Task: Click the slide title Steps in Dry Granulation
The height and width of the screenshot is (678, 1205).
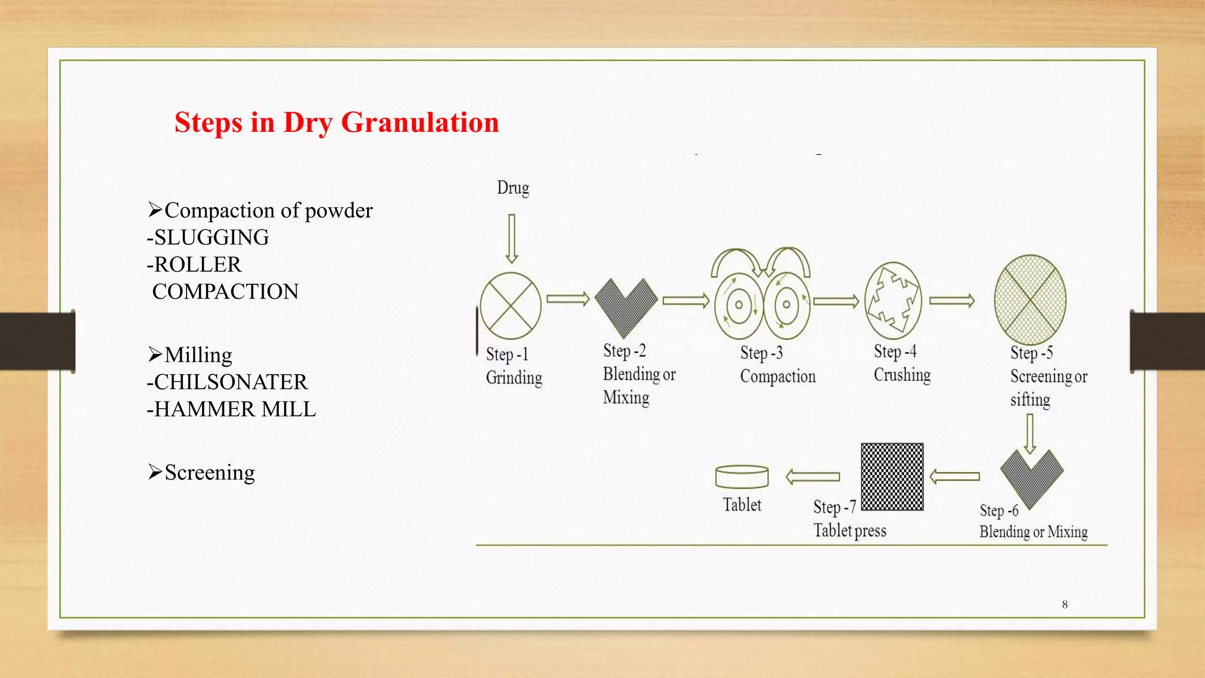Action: tap(337, 122)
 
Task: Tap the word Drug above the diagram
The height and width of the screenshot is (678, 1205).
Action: tap(512, 188)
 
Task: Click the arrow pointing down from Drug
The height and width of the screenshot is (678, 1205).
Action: tap(511, 238)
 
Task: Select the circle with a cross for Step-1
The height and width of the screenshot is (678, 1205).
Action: tap(510, 305)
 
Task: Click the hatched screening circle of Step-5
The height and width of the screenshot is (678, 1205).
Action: tap(1030, 299)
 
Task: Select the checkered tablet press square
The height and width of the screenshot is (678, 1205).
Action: tap(892, 477)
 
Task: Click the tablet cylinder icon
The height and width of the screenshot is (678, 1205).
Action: tap(742, 477)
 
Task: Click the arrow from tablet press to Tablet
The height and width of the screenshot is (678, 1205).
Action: tap(813, 476)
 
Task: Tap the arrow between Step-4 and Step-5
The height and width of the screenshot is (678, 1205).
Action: tap(951, 301)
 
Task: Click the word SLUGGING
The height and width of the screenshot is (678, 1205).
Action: tap(211, 237)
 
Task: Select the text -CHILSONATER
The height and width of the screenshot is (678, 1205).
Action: tap(227, 382)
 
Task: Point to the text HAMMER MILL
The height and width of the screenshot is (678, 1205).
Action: tap(235, 409)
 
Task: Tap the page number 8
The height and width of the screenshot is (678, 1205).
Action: tap(1064, 604)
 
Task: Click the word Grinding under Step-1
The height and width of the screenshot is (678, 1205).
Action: tap(514, 378)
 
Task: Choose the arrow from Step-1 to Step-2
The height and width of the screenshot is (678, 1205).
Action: tap(568, 299)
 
